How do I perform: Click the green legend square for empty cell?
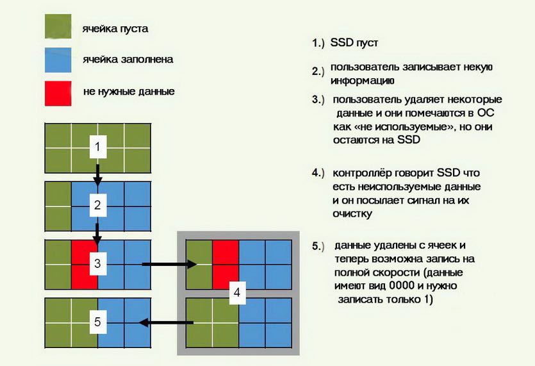point(58,26)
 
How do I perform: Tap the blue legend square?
point(58,60)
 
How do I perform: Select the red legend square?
point(58,93)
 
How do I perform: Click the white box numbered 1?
point(98,147)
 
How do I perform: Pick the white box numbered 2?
point(98,205)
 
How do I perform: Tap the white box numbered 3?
point(98,263)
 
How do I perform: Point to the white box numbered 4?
point(237,292)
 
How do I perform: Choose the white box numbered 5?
point(98,322)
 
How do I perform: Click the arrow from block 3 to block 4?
point(169,264)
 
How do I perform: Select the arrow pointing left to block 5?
point(166,322)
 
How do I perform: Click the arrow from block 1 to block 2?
point(98,175)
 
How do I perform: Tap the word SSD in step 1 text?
point(342,43)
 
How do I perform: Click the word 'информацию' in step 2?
point(363,81)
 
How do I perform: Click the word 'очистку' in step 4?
point(352,214)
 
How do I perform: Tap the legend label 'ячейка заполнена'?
point(128,60)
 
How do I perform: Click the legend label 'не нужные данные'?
point(129,92)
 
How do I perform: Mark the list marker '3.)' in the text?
point(318,100)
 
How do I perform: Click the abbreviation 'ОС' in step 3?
point(486,113)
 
